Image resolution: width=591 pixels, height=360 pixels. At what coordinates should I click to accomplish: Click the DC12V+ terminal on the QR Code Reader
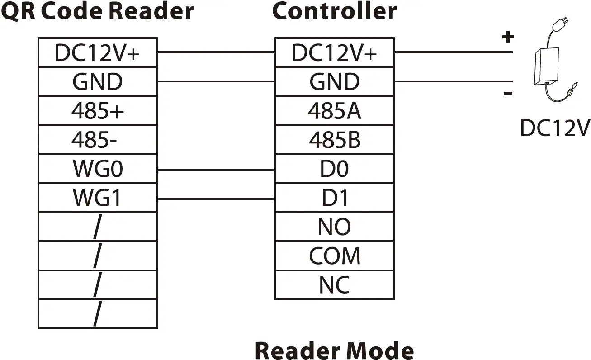coord(97,53)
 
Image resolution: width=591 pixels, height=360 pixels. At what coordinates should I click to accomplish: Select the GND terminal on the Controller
coord(334,82)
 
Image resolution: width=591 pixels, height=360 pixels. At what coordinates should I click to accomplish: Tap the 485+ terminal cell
coord(97,111)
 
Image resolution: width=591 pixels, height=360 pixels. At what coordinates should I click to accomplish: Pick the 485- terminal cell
coord(97,140)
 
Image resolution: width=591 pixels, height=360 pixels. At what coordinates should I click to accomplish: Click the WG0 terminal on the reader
coord(97,169)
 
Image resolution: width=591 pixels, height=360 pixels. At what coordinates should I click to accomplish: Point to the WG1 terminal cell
coord(97,198)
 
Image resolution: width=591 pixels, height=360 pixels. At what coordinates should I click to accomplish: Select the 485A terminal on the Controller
coord(334,111)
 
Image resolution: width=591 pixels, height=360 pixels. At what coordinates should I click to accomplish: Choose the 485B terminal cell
coord(334,140)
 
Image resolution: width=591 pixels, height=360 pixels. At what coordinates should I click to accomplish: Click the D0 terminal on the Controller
coord(334,169)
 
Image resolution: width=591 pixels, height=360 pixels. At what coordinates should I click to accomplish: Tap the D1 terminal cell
coord(334,198)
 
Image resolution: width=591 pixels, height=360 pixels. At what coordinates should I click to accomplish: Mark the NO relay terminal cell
coord(334,227)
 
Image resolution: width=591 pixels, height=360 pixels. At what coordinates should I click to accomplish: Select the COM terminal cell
coord(334,256)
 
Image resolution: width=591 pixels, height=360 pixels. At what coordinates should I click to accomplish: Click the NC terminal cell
coord(334,285)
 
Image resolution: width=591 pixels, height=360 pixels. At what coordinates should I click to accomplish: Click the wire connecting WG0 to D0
coord(216,170)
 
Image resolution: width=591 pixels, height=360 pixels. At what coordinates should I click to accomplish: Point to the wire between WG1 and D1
coord(216,199)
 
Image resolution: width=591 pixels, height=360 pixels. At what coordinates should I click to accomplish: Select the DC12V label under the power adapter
coord(555,128)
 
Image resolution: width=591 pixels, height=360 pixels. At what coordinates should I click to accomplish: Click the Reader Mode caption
coord(334,350)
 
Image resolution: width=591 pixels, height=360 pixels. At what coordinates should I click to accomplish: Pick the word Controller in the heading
coord(334,11)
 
